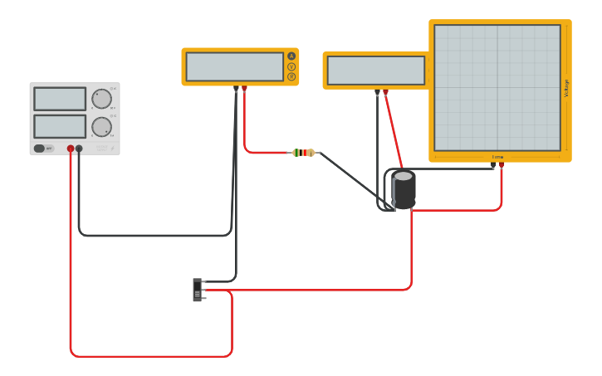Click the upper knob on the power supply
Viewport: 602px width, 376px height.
pyautogui.click(x=101, y=99)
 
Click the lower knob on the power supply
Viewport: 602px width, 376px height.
pyautogui.click(x=101, y=127)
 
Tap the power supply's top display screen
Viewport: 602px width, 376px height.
pyautogui.click(x=60, y=99)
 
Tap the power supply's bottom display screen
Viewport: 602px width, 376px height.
pyautogui.click(x=60, y=126)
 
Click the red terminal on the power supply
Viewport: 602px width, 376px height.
pyautogui.click(x=71, y=149)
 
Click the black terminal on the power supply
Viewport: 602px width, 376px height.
pyautogui.click(x=80, y=149)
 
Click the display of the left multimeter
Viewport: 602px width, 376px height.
pyautogui.click(x=235, y=66)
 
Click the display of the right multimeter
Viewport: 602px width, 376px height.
pyautogui.click(x=376, y=71)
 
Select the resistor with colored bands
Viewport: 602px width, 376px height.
pyautogui.click(x=304, y=153)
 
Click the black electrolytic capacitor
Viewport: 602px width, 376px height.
pyautogui.click(x=404, y=188)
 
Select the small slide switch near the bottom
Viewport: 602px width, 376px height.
pyautogui.click(x=198, y=290)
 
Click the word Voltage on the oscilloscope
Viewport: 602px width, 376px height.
pyautogui.click(x=567, y=88)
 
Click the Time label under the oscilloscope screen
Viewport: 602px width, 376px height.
pyautogui.click(x=497, y=157)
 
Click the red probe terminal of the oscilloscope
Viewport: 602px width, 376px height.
pyautogui.click(x=502, y=164)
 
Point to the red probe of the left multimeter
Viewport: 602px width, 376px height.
pyautogui.click(x=244, y=87)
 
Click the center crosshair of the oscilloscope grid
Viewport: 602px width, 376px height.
pyautogui.click(x=497, y=88)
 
